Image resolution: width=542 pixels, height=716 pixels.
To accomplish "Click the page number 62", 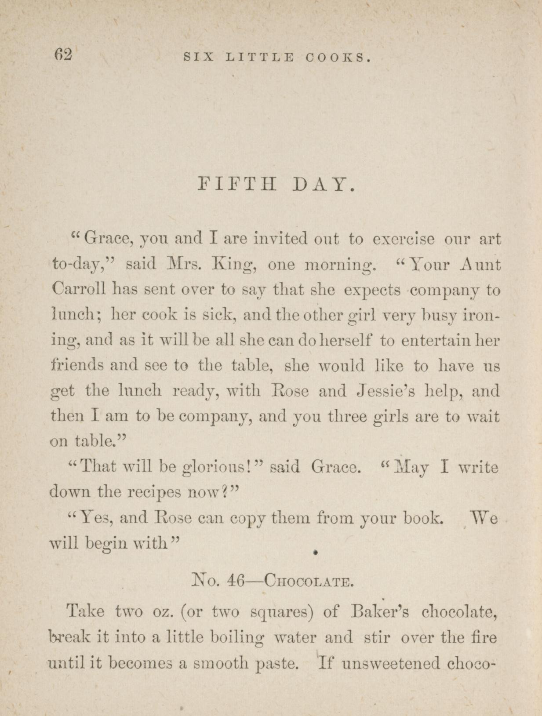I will click(63, 55).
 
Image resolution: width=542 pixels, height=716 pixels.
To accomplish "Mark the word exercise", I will click(403, 240).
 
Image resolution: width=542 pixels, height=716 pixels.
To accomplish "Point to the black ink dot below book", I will click(316, 553).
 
